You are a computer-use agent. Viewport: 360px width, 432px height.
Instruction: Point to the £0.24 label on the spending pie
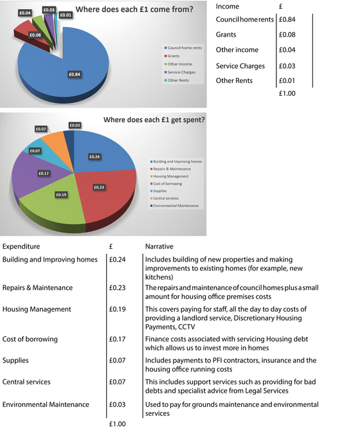[94, 156]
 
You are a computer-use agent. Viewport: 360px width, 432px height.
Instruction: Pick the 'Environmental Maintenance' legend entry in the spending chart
[176, 205]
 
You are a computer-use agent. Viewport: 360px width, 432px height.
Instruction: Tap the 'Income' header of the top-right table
[228, 6]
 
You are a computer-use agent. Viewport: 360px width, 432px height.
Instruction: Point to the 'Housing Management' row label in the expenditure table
[37, 309]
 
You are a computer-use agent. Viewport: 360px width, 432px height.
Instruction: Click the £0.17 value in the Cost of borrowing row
[120, 339]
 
